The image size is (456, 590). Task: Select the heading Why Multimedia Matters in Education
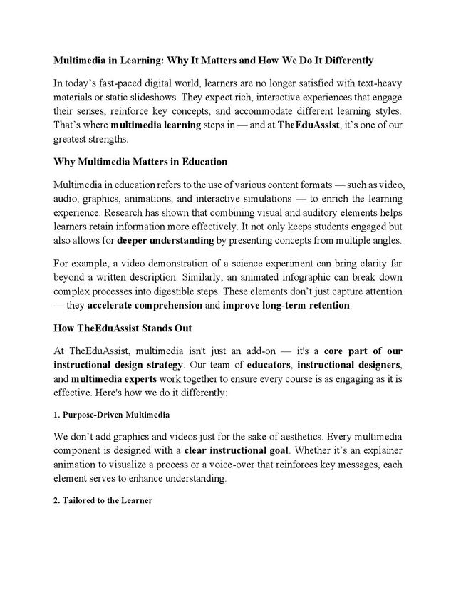point(140,162)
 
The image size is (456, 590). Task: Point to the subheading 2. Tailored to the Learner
point(103,501)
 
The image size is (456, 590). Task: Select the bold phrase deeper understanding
point(165,239)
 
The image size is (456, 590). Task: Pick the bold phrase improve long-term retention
point(286,306)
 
